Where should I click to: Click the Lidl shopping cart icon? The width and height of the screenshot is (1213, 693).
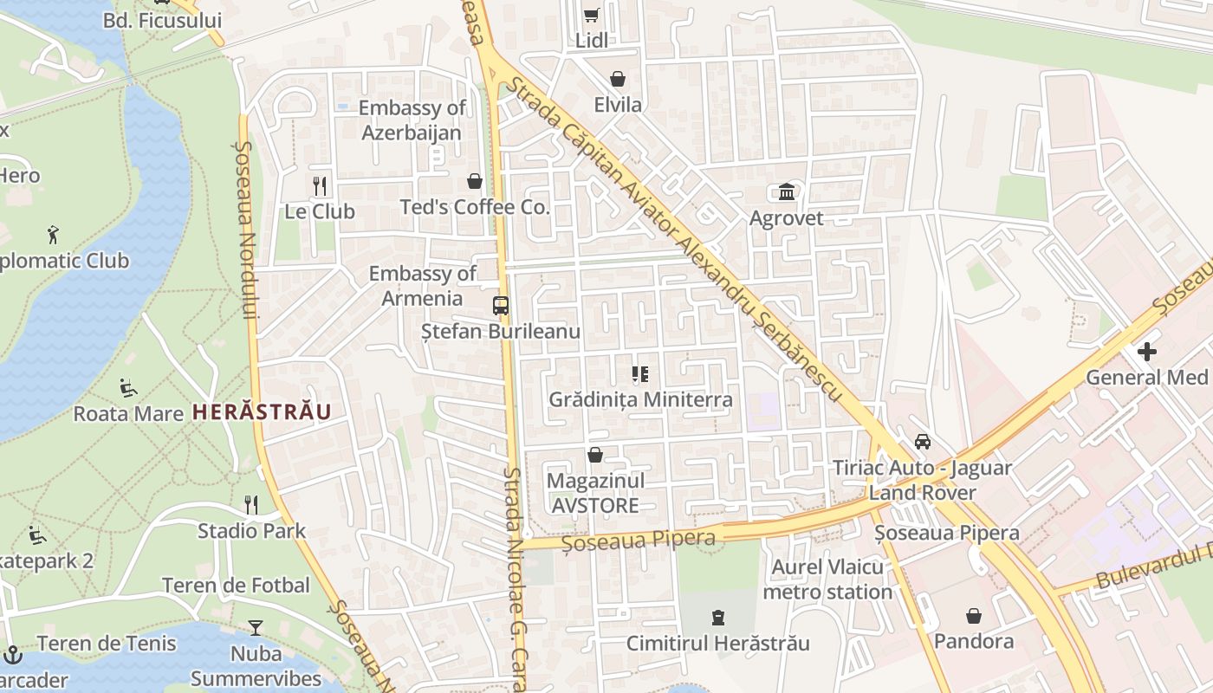click(591, 15)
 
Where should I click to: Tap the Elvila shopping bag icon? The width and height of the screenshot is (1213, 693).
click(618, 80)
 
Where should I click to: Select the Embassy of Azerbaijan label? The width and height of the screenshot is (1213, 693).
click(412, 120)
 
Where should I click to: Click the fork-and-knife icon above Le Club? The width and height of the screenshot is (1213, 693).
click(320, 185)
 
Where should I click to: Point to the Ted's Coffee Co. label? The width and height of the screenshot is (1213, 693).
click(475, 207)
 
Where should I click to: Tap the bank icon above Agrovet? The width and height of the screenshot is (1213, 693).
click(787, 191)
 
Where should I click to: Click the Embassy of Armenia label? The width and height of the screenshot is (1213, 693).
click(423, 286)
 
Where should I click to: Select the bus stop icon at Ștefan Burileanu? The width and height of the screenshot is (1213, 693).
click(501, 305)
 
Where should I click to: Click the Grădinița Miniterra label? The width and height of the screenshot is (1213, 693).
click(640, 399)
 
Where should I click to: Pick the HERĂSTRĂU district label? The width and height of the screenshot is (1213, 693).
click(262, 411)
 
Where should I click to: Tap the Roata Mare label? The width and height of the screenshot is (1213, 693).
click(128, 413)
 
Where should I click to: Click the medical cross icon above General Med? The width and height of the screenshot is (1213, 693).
click(1147, 352)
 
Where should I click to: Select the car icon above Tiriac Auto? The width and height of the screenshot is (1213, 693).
click(923, 442)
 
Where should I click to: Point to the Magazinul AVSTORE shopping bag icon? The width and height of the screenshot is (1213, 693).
click(595, 455)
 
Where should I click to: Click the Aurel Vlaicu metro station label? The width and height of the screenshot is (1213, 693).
click(827, 580)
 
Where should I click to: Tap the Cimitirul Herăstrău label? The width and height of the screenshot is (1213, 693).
click(718, 643)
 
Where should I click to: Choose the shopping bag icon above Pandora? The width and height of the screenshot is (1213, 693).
click(974, 616)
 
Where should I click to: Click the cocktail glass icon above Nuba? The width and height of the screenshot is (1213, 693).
click(256, 627)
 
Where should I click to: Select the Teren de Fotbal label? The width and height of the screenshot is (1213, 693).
click(236, 586)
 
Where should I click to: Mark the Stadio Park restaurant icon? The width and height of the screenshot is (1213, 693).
click(251, 504)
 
